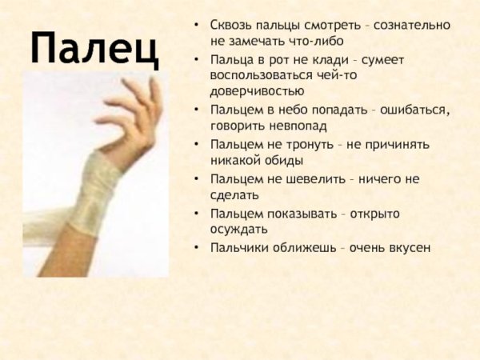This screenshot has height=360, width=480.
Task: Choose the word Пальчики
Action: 240,248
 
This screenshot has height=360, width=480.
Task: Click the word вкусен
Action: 409,248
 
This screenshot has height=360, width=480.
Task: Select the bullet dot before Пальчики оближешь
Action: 197,248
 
